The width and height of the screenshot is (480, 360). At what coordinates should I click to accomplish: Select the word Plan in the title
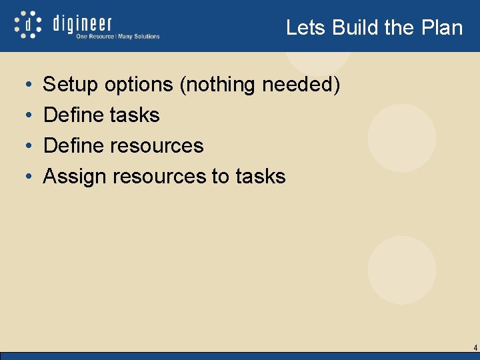(442, 27)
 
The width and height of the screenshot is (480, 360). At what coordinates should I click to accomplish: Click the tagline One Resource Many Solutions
(117, 37)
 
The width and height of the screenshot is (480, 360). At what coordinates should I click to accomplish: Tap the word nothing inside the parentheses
(225, 85)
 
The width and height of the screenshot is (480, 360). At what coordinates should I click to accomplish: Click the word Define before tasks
(73, 115)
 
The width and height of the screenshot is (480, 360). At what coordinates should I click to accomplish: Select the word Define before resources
(73, 145)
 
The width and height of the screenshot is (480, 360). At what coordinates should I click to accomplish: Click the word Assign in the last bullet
(75, 176)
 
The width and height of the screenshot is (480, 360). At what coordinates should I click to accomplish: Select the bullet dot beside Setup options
(25, 85)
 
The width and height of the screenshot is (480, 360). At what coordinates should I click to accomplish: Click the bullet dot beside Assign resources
(25, 177)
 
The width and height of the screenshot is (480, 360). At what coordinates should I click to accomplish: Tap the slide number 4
(475, 348)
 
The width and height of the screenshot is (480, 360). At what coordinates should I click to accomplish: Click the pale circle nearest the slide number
(401, 271)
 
